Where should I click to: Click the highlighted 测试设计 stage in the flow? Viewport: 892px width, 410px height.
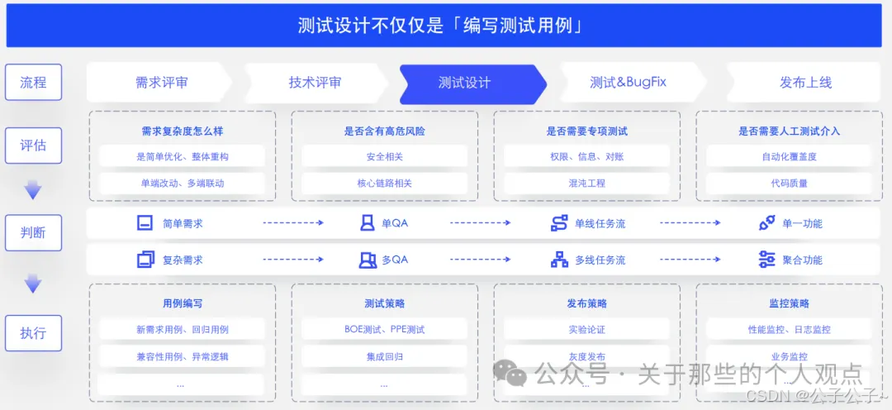point(465,83)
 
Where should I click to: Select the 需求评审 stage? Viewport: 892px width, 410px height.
point(162,83)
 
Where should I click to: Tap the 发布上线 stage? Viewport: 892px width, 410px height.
point(805,83)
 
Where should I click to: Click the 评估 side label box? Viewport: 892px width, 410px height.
point(33,145)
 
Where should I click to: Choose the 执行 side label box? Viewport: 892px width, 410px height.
point(33,334)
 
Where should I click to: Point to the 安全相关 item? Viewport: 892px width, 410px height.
point(384,156)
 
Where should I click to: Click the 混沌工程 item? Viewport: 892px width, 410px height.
point(586,183)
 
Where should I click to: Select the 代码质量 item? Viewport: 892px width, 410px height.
point(789,183)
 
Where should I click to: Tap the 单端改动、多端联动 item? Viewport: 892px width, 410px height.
point(182,183)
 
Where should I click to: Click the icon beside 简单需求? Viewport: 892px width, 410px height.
point(145,223)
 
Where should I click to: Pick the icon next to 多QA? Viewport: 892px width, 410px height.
point(368,260)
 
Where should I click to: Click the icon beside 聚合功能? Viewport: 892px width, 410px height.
point(766,260)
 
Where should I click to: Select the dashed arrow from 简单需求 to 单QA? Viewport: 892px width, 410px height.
point(293,223)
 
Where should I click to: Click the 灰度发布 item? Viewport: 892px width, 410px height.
point(586,357)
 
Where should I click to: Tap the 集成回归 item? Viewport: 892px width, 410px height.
point(384,357)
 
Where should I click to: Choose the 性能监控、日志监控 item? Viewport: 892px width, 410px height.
point(789,330)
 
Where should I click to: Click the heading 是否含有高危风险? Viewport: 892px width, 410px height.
point(384,131)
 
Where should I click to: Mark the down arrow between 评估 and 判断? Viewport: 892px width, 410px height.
point(33,191)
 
